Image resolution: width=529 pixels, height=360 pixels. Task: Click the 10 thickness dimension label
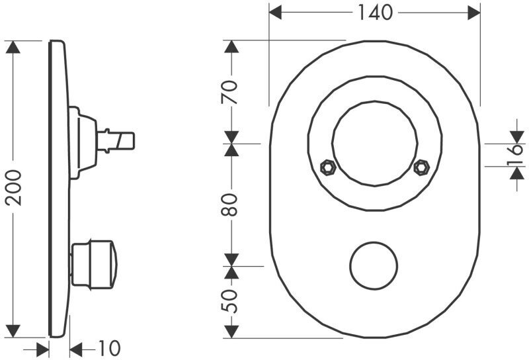[109, 348]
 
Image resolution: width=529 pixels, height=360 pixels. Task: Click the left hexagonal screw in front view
[325, 167]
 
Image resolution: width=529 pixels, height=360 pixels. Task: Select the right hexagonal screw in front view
[420, 167]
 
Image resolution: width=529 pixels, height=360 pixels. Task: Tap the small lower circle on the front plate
[374, 266]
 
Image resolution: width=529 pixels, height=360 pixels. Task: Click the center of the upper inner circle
[375, 144]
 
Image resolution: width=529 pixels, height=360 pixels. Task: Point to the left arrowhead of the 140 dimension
[276, 13]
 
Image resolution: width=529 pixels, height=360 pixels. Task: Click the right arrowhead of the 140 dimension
[473, 13]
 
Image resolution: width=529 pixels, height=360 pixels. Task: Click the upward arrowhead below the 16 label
[516, 173]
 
